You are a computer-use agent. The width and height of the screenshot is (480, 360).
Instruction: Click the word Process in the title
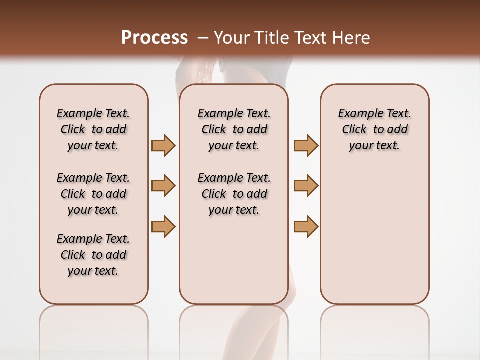(x=154, y=38)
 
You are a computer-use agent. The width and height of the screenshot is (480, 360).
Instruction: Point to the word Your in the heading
(x=231, y=38)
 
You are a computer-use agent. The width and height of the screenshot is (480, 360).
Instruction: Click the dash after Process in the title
(x=203, y=38)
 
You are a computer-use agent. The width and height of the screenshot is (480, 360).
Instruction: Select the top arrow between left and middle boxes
(x=163, y=145)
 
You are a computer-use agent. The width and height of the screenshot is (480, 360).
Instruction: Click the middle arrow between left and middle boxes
(x=163, y=186)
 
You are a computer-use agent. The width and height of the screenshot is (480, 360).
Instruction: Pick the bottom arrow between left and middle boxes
(x=163, y=226)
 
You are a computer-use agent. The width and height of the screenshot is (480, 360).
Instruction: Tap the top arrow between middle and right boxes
(x=306, y=145)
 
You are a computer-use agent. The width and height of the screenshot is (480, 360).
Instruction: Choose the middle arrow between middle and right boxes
(x=306, y=186)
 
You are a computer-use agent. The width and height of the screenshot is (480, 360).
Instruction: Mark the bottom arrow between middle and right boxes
(x=306, y=226)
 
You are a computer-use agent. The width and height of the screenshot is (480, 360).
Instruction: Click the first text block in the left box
(x=93, y=129)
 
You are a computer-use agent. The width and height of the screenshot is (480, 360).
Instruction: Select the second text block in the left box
(x=93, y=194)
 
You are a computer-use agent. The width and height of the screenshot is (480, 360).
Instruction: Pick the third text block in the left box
(x=93, y=255)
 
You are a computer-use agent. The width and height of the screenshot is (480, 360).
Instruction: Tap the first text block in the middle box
(x=234, y=129)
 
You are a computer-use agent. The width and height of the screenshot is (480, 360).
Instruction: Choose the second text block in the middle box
(x=234, y=194)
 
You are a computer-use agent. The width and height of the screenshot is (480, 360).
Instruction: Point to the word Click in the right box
(x=354, y=130)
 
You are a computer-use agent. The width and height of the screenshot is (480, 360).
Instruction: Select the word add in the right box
(x=398, y=130)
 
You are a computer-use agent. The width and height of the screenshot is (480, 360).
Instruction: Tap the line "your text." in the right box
(x=374, y=146)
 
